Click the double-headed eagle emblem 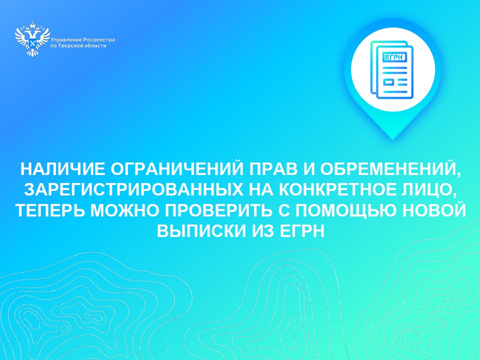(x=32, y=39)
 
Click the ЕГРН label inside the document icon (x=394, y=57)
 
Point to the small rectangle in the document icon (x=389, y=82)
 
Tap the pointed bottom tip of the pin (x=393, y=139)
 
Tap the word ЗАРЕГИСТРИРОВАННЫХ (x=134, y=190)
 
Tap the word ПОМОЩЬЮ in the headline (x=342, y=210)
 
